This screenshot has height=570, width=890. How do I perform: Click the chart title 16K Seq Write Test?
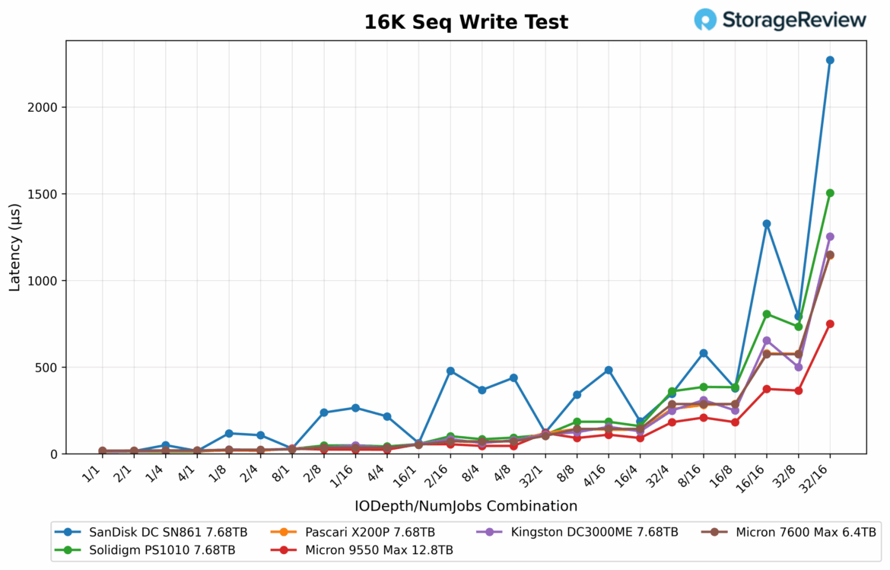point(466,22)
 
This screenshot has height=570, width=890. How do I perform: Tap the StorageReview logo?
point(780,20)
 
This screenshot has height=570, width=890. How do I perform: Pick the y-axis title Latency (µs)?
point(15,247)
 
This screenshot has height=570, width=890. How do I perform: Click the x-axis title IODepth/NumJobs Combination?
point(466,506)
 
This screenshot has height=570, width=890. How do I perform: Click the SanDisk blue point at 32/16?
point(830,60)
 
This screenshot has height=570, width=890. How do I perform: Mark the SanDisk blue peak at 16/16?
point(767,224)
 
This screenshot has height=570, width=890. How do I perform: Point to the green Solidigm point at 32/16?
point(830,193)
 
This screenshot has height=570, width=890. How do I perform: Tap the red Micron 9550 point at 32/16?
point(830,323)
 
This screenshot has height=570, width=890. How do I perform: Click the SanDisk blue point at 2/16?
point(450,371)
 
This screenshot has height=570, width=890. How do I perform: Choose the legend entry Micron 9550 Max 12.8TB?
point(379,549)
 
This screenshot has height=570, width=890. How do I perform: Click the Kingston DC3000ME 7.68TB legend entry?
point(593,532)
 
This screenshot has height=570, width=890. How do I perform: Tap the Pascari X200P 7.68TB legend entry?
point(369,532)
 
